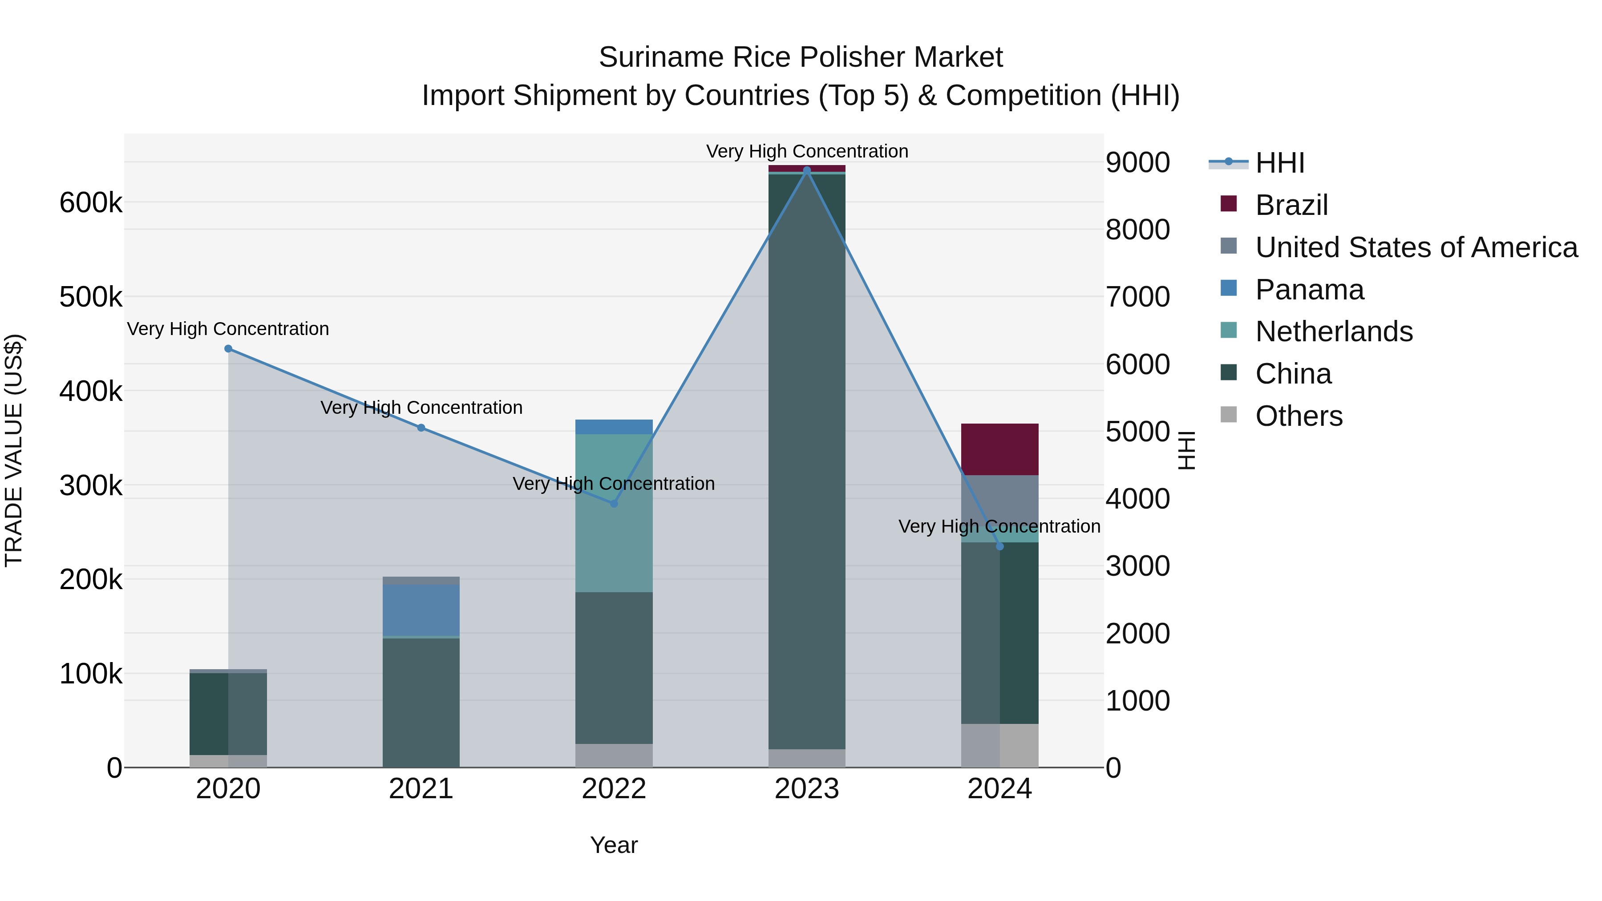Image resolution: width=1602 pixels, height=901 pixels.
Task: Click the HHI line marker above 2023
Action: [807, 170]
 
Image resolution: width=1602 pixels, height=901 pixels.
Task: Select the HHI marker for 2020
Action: [228, 349]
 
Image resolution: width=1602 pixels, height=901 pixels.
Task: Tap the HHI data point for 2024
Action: [999, 546]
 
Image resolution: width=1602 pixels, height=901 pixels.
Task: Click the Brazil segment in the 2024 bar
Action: [999, 449]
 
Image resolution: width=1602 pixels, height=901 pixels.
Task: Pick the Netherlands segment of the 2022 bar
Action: [614, 513]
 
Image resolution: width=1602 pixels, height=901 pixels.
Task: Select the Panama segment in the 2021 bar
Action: [421, 610]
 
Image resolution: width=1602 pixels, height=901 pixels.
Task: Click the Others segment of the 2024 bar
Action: [999, 746]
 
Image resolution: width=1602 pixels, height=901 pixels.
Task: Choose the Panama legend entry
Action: [1309, 290]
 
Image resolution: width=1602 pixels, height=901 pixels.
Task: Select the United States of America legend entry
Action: [1416, 247]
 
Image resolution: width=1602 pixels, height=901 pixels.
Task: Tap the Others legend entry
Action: [1299, 416]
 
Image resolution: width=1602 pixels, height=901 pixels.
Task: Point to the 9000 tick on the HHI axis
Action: [1137, 163]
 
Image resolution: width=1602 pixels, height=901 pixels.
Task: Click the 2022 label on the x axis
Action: [614, 789]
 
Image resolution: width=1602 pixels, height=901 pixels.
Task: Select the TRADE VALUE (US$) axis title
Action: [14, 450]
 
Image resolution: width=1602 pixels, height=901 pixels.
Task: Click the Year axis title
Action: [614, 845]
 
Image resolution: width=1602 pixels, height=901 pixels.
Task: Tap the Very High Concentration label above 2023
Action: [807, 151]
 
